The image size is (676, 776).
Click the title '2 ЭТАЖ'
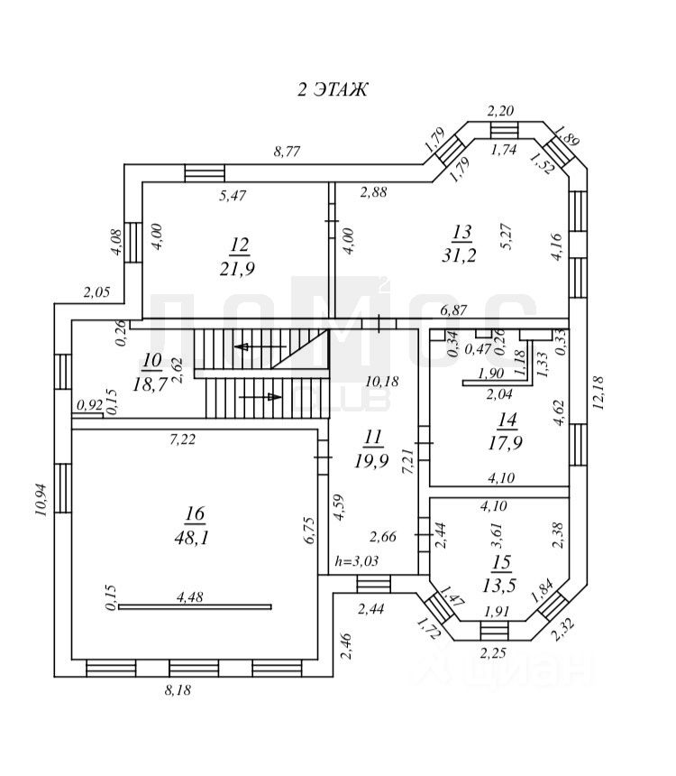[332, 89]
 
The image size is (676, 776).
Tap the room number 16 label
[195, 513]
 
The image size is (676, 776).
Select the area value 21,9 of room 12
[237, 269]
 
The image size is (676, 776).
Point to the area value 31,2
[459, 254]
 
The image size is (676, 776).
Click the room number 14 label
[507, 420]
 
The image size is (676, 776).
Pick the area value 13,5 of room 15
[499, 586]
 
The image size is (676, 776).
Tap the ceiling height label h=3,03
[357, 560]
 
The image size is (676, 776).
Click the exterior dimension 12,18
[598, 393]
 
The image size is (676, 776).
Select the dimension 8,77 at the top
[287, 151]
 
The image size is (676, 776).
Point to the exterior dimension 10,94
[41, 500]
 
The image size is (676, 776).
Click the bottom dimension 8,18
[178, 690]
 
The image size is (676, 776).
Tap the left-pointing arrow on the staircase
[260, 346]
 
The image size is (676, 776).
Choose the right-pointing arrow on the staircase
[260, 397]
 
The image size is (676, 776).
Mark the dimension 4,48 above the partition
[190, 597]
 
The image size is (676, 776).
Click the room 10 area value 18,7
[151, 383]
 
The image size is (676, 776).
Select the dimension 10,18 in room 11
[382, 381]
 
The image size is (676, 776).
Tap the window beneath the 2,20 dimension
[505, 130]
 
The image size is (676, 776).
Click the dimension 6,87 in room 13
[453, 310]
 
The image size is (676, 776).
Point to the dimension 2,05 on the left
[96, 292]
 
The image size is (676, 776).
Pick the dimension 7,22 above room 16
[182, 439]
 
